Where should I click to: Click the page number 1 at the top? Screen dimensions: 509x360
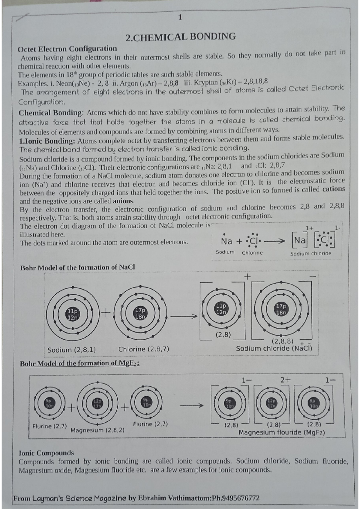[180, 17]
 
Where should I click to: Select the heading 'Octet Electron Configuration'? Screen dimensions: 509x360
[67, 49]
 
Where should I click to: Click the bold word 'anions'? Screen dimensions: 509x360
[123, 201]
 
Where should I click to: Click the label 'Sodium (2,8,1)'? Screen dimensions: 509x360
[72, 350]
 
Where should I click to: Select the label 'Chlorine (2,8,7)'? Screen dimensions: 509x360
[144, 349]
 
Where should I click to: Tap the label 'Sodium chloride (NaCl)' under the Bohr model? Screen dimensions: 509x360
[274, 348]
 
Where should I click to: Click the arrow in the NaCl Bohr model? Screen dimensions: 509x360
[184, 316]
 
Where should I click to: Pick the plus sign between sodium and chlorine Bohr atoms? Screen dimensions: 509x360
[106, 313]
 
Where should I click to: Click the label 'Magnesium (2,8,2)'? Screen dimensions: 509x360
[97, 430]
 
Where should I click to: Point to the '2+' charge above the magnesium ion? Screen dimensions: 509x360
[286, 380]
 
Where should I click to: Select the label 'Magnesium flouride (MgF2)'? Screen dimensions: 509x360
[282, 432]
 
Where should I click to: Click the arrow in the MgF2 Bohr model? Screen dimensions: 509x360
[191, 406]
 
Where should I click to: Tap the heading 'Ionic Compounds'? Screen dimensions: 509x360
[46, 453]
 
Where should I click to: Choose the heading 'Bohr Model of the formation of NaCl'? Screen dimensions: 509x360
[77, 267]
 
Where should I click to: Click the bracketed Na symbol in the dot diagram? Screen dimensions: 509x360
[300, 240]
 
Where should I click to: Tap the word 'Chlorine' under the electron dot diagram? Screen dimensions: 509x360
[252, 253]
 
